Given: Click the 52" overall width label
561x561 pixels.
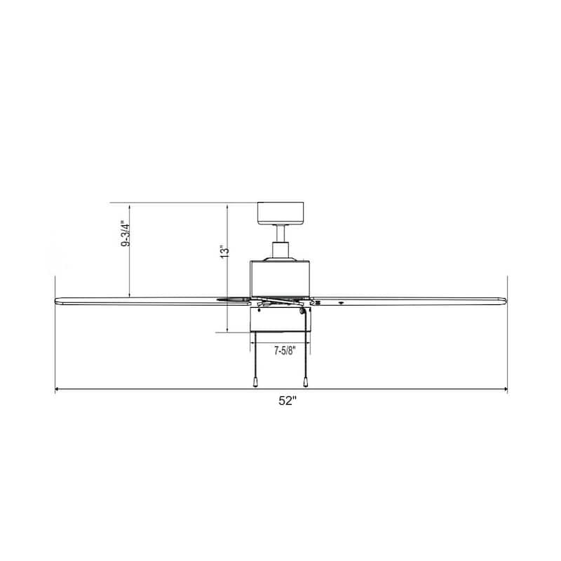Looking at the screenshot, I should (287, 401).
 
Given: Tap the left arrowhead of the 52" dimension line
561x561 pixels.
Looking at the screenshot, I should (58, 389).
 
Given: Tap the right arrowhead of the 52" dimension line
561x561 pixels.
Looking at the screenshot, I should (504, 389).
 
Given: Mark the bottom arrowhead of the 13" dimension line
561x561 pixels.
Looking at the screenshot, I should (228, 329).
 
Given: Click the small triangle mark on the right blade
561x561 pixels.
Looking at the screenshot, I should (341, 303).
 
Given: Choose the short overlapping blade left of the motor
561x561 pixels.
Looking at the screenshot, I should (234, 299).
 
